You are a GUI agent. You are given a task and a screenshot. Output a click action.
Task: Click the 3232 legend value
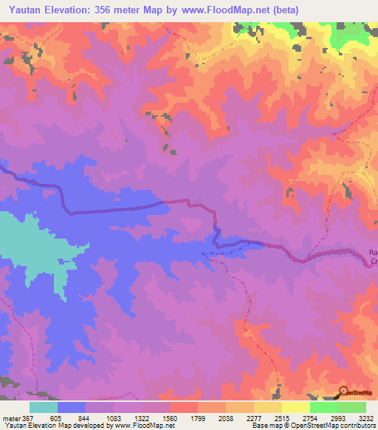click(x=365, y=418)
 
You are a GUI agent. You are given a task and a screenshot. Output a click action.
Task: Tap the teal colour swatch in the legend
click(x=44, y=407)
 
